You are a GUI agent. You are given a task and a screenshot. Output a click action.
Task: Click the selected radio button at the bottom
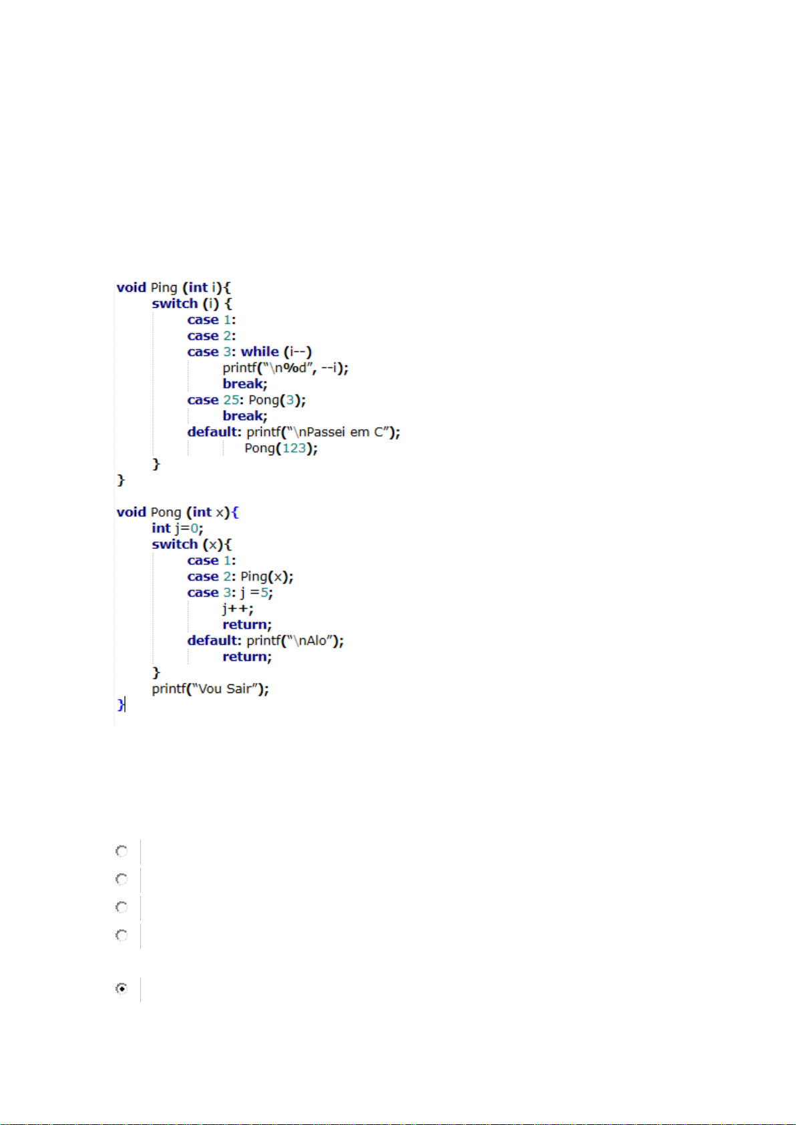[x=122, y=988]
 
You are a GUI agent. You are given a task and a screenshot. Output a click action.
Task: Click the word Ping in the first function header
[x=164, y=288]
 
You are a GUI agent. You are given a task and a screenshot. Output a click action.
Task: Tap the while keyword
[x=260, y=352]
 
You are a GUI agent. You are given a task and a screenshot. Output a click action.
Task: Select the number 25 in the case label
[x=231, y=400]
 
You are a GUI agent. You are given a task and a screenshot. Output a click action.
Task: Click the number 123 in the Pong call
[x=294, y=448]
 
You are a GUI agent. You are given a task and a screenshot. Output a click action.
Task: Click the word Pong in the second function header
[x=166, y=512]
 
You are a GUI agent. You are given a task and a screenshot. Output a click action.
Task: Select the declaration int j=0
[x=177, y=528]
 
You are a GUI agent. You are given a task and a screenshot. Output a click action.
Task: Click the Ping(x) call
[x=266, y=576]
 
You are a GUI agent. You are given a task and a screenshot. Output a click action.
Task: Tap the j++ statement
[x=238, y=608]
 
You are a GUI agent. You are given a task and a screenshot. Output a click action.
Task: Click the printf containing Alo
[x=294, y=640]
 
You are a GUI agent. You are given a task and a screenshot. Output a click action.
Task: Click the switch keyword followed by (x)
[x=175, y=544]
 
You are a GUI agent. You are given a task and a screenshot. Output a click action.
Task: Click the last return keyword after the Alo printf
[x=247, y=656]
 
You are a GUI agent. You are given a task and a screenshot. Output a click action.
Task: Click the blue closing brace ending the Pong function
[x=120, y=704]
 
